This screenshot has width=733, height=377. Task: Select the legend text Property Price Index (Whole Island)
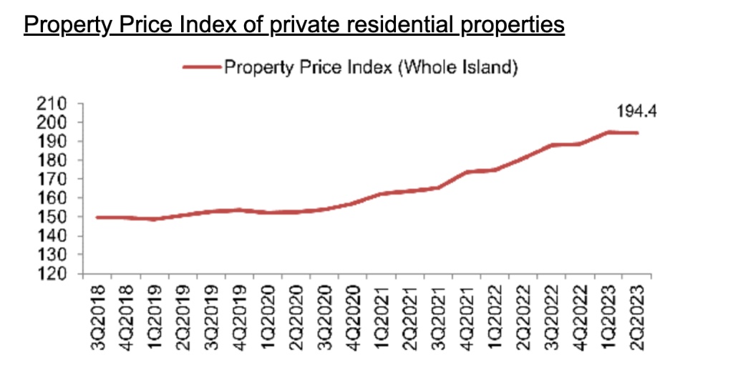point(370,69)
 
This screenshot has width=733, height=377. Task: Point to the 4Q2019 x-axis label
point(241,318)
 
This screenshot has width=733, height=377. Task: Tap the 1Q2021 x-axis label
point(383,318)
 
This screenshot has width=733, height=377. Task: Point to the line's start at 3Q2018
point(97,217)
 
